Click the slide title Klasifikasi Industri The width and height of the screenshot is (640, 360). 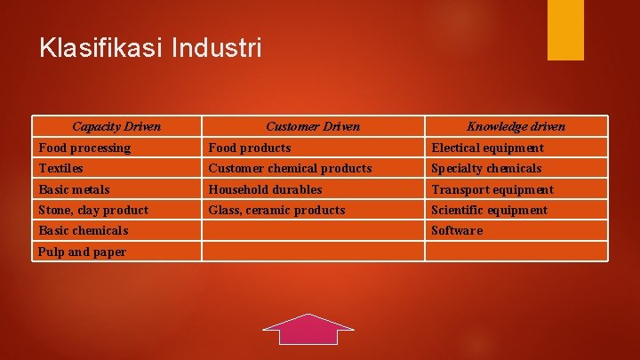151,47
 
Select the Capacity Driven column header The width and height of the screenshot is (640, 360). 116,126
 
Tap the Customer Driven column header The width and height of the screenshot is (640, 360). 313,126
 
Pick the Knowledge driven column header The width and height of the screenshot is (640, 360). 516,126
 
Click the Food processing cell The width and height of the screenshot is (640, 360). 84,148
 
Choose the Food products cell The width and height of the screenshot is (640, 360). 250,148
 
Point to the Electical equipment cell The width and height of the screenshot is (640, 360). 487,148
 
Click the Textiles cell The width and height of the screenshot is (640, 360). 61,168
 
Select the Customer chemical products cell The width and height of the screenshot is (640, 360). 290,168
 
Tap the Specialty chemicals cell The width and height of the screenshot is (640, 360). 486,168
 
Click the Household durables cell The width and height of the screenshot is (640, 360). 265,189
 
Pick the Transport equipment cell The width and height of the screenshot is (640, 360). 492,189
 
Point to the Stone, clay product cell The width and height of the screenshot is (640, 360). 93,210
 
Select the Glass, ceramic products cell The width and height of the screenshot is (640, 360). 276,210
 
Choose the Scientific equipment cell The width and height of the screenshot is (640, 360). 489,210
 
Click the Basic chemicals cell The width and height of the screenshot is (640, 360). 84,230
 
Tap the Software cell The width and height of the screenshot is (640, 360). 457,230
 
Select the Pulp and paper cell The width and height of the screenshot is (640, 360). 82,252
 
